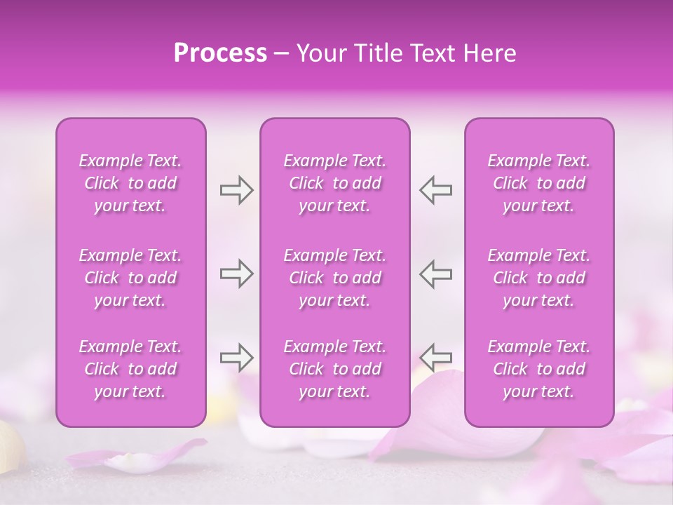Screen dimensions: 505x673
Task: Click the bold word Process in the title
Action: [x=220, y=53]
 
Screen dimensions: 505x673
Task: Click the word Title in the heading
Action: [x=374, y=53]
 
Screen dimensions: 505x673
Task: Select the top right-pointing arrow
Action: [x=236, y=190]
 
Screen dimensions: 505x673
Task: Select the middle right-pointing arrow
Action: [x=236, y=274]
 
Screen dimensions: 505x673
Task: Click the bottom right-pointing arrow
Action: [x=236, y=358]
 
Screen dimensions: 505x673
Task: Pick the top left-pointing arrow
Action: [x=435, y=190]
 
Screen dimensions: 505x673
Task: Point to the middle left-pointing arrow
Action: [x=435, y=274]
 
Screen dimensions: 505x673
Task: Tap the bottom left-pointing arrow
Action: [x=435, y=358]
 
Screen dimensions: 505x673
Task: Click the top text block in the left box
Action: [x=130, y=183]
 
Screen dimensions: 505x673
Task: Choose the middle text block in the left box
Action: [x=130, y=278]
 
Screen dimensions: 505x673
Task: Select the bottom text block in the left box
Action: [x=130, y=369]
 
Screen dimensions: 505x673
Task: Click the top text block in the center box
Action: [x=335, y=183]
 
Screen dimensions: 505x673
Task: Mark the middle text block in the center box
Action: [x=335, y=278]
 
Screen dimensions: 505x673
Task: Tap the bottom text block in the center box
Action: [x=335, y=369]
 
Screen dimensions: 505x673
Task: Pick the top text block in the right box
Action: [x=539, y=183]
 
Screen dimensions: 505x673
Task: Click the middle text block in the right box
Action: [x=539, y=278]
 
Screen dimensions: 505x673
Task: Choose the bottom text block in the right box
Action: [x=539, y=369]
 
